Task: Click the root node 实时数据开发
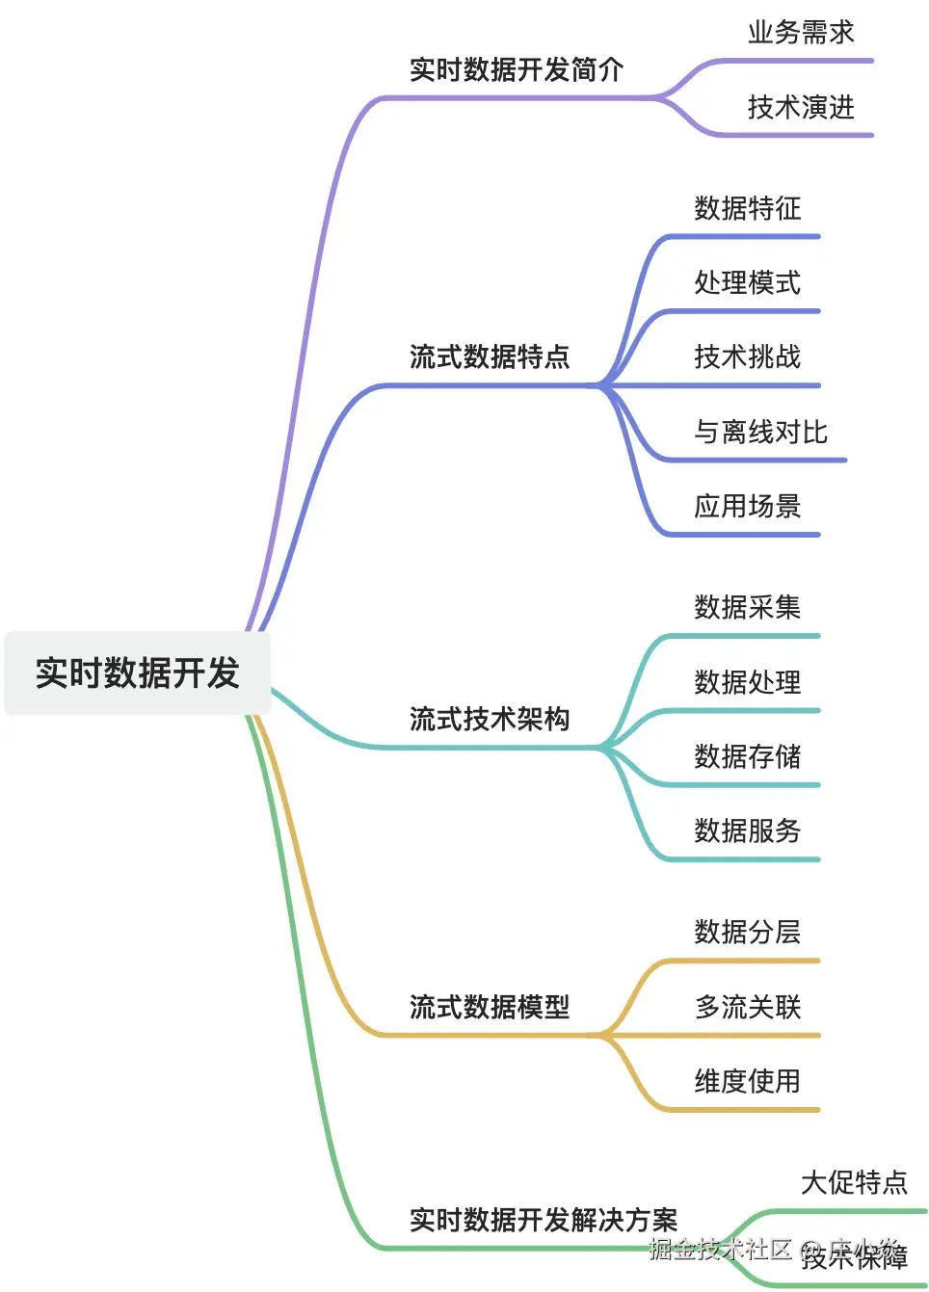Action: [137, 672]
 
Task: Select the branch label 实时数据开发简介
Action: [517, 69]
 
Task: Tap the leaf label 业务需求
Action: [801, 33]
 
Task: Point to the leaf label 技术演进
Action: [801, 107]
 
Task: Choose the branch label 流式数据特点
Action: [490, 356]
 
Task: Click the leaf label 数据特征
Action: [747, 208]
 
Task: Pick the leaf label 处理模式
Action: [747, 282]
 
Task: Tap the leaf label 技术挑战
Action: [747, 356]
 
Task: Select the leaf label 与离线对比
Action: [760, 432]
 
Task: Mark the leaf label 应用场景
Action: [747, 506]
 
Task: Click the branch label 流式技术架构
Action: [490, 719]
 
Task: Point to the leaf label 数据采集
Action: [747, 607]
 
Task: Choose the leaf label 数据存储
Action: [747, 756]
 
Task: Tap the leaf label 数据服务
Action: [747, 831]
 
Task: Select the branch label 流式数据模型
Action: [490, 1007]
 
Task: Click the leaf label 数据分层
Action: [747, 932]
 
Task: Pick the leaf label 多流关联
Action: [747, 1007]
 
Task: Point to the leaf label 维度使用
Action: [747, 1081]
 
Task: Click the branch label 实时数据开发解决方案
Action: [544, 1220]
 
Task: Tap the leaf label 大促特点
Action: [854, 1182]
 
